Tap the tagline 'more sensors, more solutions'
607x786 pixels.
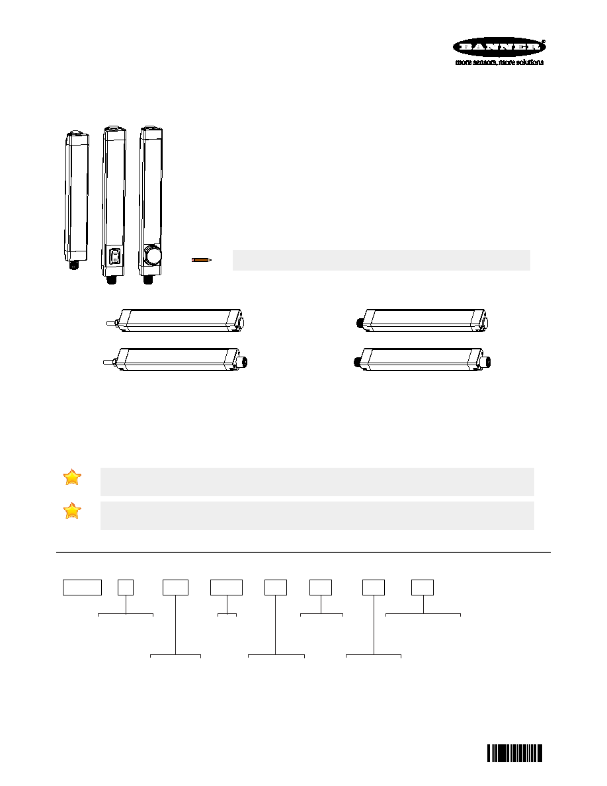point(499,62)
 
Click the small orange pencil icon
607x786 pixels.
point(202,259)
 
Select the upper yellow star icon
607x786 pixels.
point(72,477)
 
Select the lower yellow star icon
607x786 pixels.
point(72,510)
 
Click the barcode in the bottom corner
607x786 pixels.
point(515,754)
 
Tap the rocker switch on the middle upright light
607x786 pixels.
point(114,257)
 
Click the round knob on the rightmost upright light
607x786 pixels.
point(151,256)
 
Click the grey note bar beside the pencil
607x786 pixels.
point(381,260)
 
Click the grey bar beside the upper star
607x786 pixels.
point(317,482)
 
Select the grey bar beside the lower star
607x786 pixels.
point(317,515)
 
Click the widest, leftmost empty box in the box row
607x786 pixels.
point(82,588)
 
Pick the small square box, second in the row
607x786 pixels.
point(126,588)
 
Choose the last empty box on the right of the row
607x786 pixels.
point(423,588)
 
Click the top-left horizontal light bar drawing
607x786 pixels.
point(175,321)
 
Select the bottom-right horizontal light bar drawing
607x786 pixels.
point(424,360)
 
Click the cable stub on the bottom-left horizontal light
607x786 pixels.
point(109,361)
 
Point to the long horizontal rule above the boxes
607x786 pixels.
point(303,552)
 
